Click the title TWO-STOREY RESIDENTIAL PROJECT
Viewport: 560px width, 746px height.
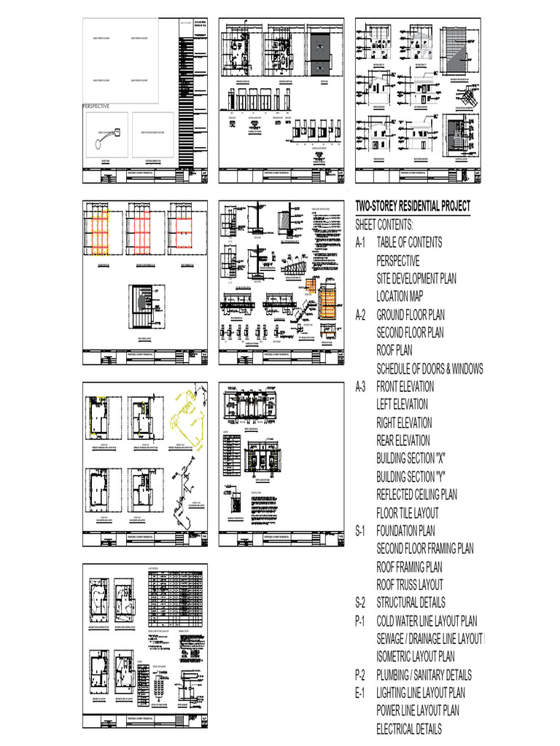(x=413, y=206)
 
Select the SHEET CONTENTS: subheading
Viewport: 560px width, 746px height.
(x=384, y=224)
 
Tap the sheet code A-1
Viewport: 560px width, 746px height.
(x=363, y=243)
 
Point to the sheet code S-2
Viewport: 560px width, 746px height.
(x=363, y=602)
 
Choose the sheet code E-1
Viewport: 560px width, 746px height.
(x=363, y=693)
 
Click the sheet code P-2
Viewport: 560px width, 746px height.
(x=363, y=675)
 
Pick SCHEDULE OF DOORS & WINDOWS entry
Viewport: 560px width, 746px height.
(x=429, y=369)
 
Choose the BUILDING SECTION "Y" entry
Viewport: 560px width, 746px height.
(x=411, y=476)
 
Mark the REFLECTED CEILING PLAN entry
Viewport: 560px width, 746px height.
(x=416, y=495)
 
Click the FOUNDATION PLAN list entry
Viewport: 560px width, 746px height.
(x=405, y=530)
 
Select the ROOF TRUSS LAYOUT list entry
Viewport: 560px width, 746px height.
(x=409, y=584)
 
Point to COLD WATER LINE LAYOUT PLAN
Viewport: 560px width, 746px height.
(x=427, y=621)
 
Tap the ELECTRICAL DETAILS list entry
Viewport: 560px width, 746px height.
(x=408, y=729)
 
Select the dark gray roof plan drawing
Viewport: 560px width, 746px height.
(x=322, y=55)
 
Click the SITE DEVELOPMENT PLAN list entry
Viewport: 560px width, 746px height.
(x=416, y=278)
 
